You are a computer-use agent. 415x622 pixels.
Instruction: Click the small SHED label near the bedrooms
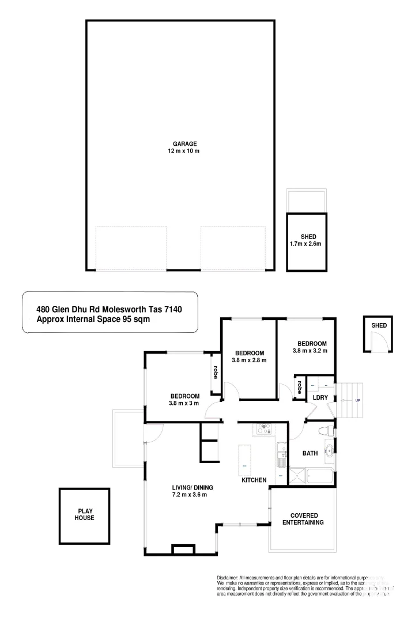click(x=379, y=325)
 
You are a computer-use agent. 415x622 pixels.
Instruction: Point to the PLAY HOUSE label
click(x=85, y=514)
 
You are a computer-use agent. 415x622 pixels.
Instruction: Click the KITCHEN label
click(x=254, y=480)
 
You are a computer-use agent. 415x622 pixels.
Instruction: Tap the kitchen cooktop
click(x=264, y=428)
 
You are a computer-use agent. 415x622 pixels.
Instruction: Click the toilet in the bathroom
click(x=326, y=431)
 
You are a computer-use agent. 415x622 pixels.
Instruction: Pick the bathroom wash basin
click(x=330, y=451)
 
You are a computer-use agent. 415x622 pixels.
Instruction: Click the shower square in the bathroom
click(x=297, y=477)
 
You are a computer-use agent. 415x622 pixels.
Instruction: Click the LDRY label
click(x=320, y=398)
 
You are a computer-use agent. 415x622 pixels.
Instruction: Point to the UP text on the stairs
click(x=357, y=400)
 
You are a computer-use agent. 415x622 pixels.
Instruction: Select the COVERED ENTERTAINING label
click(x=303, y=519)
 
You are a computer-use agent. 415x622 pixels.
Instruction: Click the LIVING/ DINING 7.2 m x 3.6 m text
click(x=188, y=491)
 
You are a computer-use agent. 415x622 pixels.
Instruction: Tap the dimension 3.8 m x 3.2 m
click(x=310, y=351)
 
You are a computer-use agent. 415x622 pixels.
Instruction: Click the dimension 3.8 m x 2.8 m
click(x=249, y=361)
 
